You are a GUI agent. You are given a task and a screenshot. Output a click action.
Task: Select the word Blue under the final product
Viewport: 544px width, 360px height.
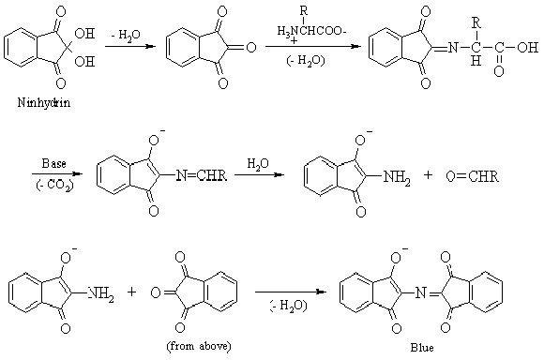pyautogui.click(x=414, y=349)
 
